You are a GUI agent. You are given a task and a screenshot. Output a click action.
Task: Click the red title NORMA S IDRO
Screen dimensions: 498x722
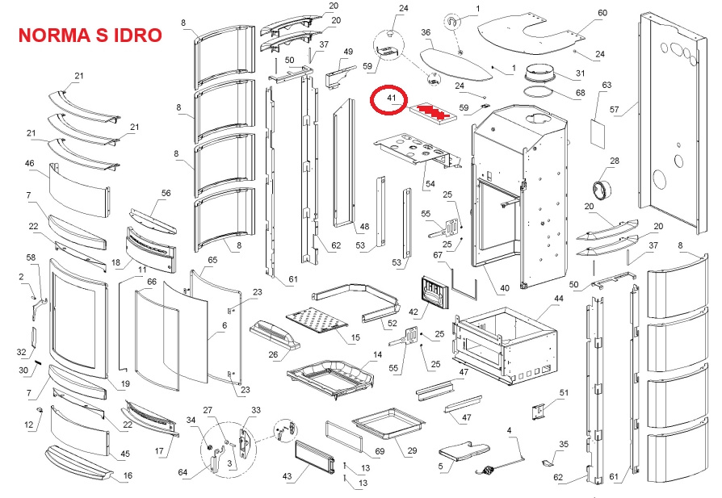90,36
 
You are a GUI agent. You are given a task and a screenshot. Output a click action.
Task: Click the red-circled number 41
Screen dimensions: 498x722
392,99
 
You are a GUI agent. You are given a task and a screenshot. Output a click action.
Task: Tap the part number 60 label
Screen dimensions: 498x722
602,13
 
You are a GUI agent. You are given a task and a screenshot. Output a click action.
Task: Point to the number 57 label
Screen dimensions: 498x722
615,110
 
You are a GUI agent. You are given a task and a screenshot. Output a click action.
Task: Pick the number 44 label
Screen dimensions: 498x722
558,299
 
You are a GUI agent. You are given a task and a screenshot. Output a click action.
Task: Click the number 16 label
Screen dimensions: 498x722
126,477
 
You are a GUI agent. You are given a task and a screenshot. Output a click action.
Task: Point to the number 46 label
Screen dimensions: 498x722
30,164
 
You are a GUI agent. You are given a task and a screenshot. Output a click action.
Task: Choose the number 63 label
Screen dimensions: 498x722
607,85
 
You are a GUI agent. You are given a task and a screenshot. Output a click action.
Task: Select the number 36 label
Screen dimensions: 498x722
426,32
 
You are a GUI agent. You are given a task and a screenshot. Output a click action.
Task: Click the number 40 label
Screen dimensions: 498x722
505,288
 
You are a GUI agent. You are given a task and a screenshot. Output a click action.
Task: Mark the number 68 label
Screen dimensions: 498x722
580,94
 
